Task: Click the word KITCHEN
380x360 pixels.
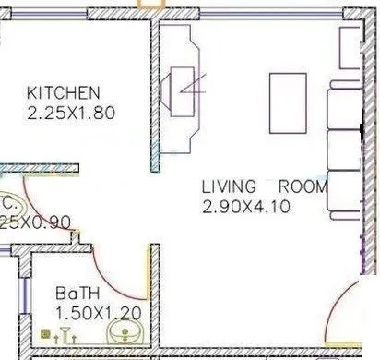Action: pyautogui.click(x=63, y=93)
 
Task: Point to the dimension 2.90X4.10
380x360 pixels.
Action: pyautogui.click(x=245, y=207)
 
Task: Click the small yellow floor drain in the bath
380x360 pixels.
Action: pyautogui.click(x=42, y=333)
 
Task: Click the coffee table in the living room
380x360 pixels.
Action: pyautogui.click(x=286, y=103)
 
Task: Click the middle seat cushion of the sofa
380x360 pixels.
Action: pyautogui.click(x=345, y=150)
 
